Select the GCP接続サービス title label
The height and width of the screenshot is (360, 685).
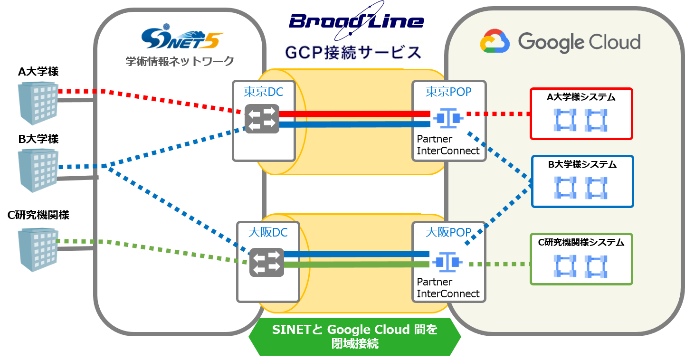point(352,52)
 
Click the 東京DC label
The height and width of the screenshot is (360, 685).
point(263,92)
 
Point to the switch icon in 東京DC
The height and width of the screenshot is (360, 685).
point(261,119)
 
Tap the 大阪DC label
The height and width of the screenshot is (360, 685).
point(268,233)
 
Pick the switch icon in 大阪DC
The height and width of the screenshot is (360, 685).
point(266,262)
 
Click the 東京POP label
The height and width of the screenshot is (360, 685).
point(448,91)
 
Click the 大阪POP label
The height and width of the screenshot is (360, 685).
point(448,232)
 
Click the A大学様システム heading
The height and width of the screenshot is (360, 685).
point(581,97)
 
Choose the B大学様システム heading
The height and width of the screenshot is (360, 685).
point(582,165)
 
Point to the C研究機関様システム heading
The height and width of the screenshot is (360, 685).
point(581,242)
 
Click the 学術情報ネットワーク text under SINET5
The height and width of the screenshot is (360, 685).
point(180,61)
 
